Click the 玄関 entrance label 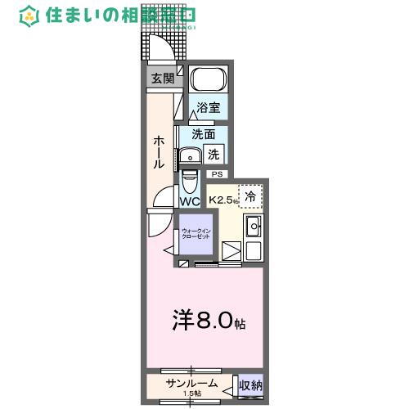162,79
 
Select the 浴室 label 208,107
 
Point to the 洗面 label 204,134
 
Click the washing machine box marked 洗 214,152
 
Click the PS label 217,174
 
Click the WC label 190,201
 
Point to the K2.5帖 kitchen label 223,199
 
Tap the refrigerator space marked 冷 251,196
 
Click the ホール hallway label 159,152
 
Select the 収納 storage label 249,384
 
